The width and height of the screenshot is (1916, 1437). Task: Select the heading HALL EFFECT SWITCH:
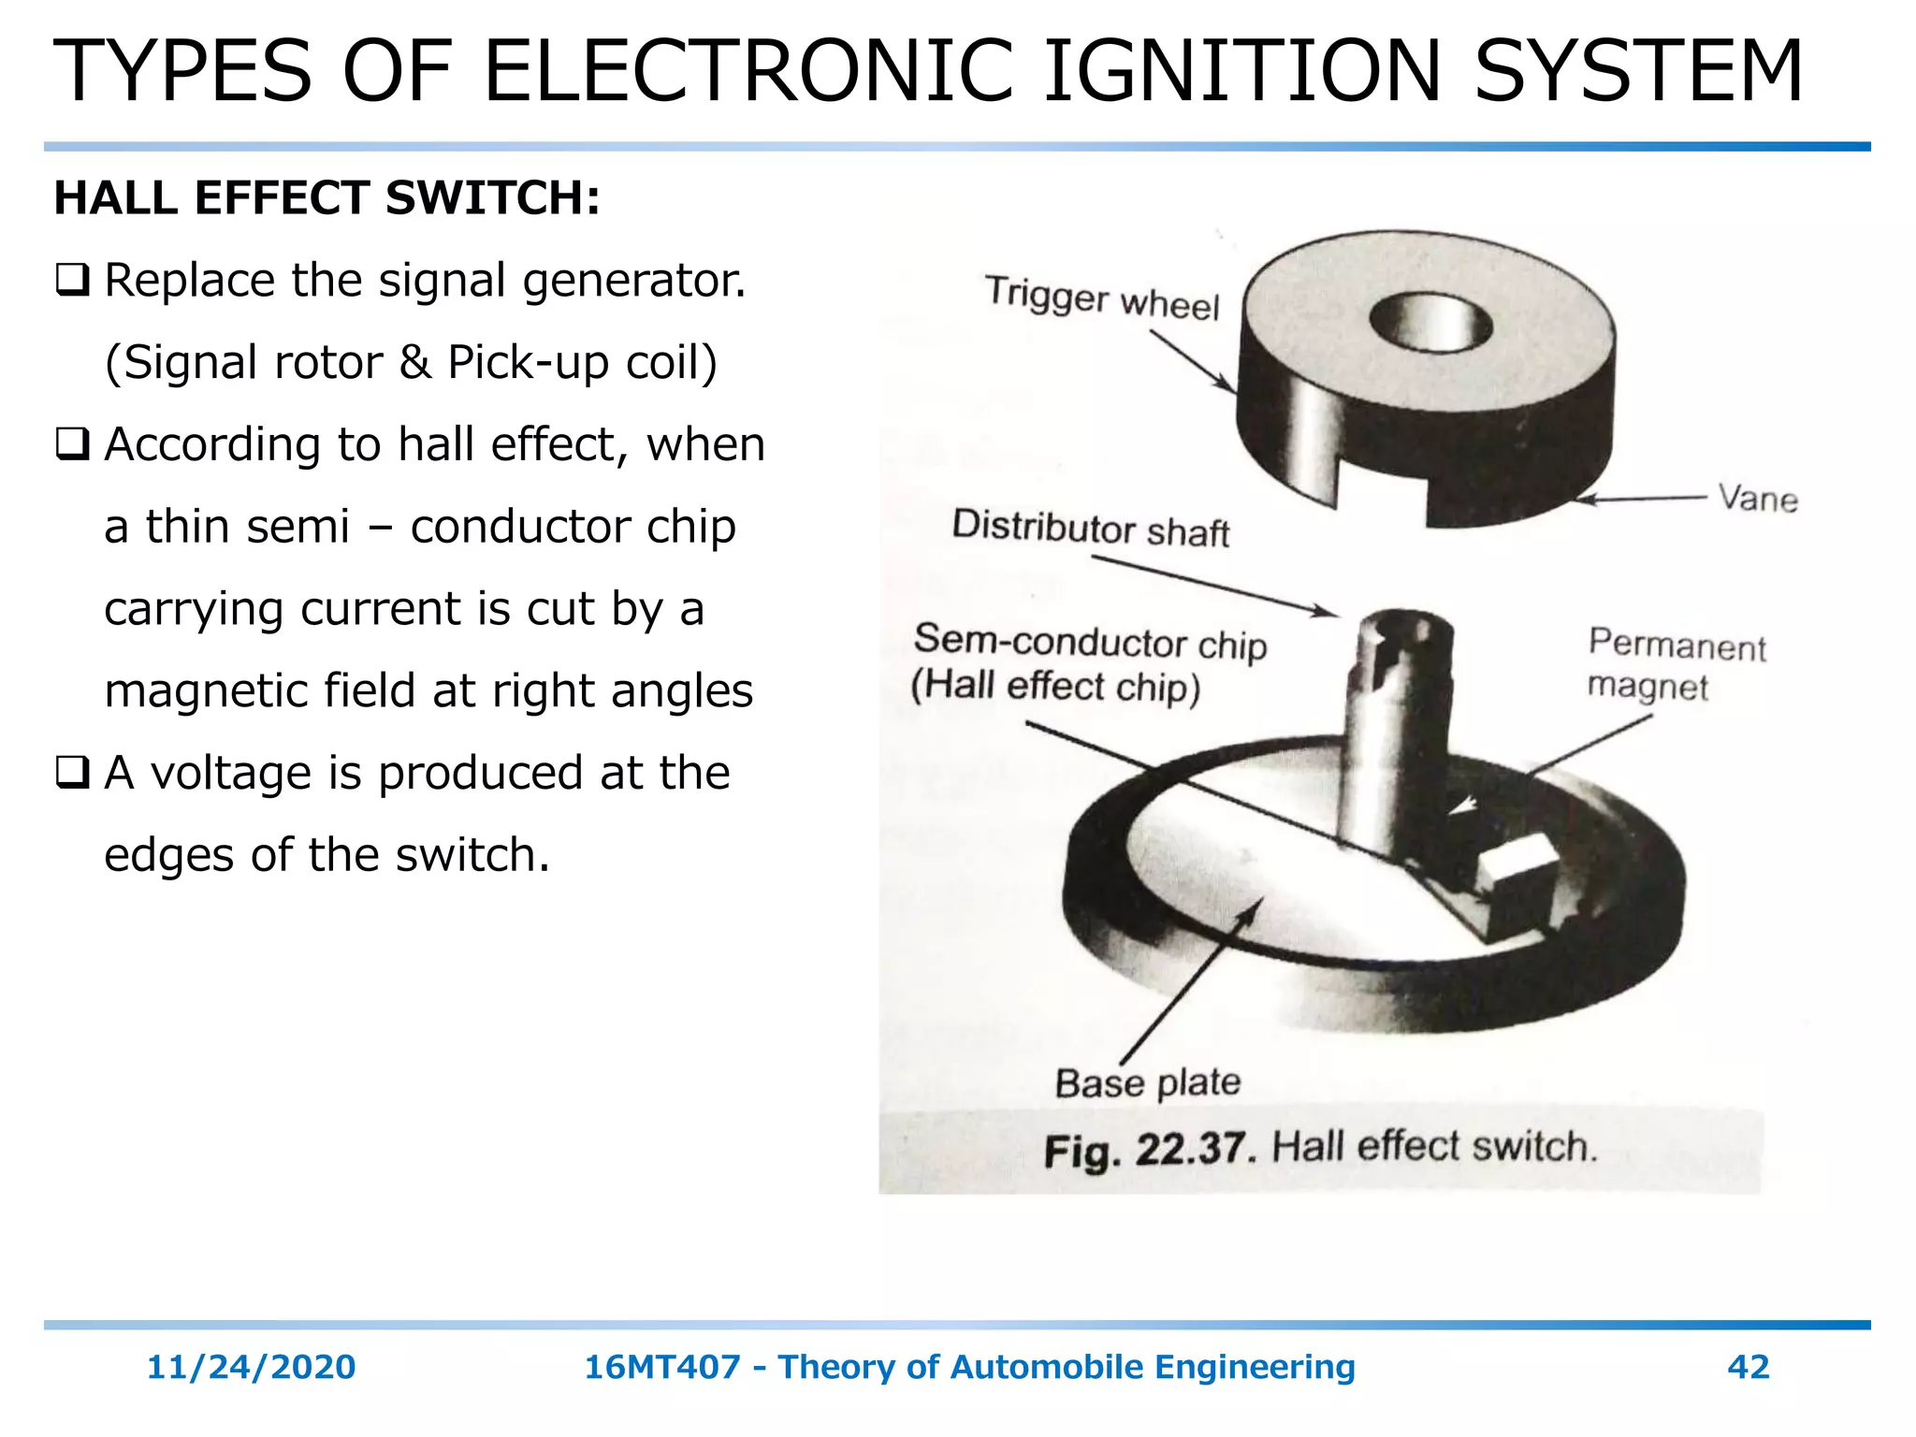click(x=327, y=198)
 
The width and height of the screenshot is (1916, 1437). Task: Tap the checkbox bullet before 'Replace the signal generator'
click(x=73, y=281)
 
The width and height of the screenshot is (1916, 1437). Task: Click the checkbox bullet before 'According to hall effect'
click(x=73, y=444)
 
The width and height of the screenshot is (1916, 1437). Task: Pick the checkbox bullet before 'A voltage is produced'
click(x=73, y=773)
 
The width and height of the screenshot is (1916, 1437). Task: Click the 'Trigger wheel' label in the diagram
click(x=1102, y=298)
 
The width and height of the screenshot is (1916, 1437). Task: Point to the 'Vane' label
click(x=1758, y=499)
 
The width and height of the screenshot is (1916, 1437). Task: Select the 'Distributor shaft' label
click(x=1090, y=529)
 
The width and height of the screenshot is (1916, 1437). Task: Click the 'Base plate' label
click(x=1148, y=1082)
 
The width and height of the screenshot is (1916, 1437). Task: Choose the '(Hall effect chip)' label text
click(x=1055, y=687)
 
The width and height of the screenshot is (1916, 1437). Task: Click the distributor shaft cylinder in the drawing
click(x=1394, y=730)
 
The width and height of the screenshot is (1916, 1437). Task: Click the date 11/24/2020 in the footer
click(x=251, y=1367)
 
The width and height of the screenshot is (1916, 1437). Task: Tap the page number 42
click(x=1748, y=1367)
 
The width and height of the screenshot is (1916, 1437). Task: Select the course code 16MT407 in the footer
click(x=661, y=1367)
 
